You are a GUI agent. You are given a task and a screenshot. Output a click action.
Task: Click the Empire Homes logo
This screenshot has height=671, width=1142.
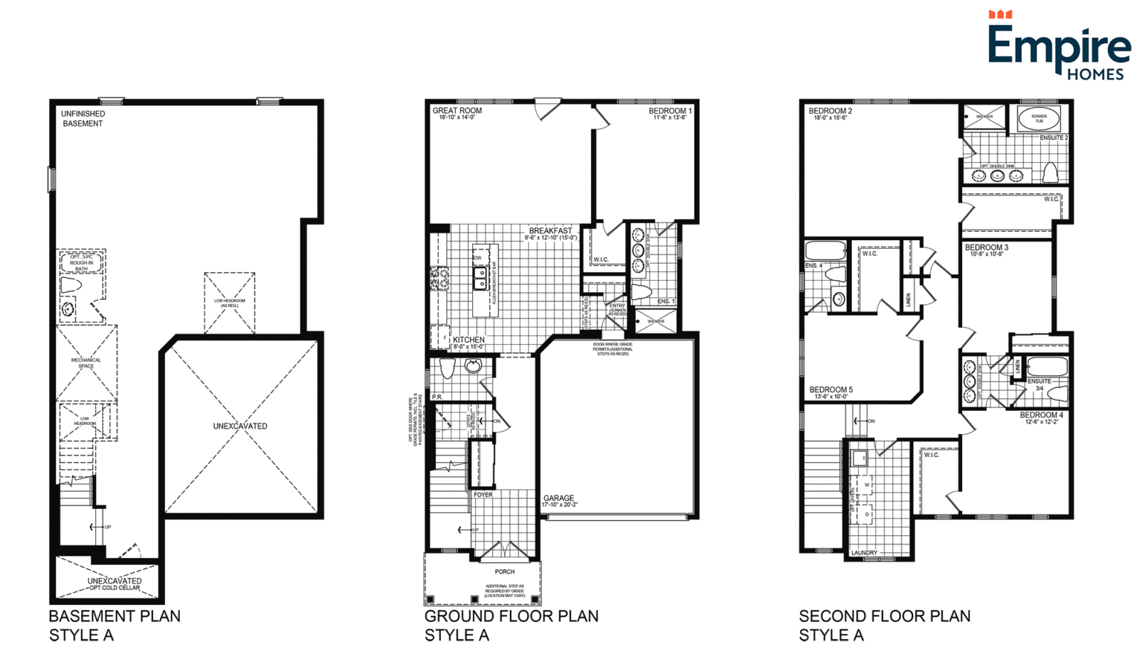coord(1058,46)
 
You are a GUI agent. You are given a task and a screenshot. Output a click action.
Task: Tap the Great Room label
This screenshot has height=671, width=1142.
coord(457,111)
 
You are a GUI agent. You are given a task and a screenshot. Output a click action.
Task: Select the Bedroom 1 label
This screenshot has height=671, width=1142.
coord(670,111)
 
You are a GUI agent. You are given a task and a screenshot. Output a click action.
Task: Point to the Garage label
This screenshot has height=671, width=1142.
coord(558,499)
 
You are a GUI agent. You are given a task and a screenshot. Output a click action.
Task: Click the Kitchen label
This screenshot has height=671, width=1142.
coord(468,340)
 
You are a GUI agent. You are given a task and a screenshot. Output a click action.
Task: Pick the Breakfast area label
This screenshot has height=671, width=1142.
coord(550,231)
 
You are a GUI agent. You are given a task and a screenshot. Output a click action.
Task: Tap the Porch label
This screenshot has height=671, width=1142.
coord(505,571)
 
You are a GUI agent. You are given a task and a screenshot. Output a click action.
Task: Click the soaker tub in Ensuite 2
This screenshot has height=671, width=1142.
coord(1039,117)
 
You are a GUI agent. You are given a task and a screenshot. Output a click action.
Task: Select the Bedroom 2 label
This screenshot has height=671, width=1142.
coord(830,111)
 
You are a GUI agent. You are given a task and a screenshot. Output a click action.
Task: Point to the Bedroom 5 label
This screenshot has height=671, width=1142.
coord(830,390)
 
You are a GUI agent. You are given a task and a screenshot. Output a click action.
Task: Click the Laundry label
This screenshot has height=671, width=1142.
coord(864,553)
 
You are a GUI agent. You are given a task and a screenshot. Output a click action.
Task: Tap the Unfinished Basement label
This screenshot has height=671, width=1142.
coord(83,119)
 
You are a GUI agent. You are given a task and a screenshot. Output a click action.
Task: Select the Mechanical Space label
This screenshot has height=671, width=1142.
coord(86,363)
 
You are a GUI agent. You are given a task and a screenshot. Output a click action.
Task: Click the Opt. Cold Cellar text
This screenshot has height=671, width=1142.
coord(114,589)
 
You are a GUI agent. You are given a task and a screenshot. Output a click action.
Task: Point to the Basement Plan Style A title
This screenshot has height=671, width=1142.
coord(114,625)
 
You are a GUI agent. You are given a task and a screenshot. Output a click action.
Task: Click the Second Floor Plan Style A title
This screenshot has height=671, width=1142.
coord(884,625)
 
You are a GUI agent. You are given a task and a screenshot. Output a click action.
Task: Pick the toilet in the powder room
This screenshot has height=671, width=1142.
coord(447,369)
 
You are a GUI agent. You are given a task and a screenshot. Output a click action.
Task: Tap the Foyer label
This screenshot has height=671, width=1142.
coord(483,495)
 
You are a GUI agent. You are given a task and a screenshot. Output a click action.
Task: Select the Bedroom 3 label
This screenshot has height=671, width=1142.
coord(986,247)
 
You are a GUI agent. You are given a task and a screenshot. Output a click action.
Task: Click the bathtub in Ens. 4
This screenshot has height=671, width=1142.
coord(825,250)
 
